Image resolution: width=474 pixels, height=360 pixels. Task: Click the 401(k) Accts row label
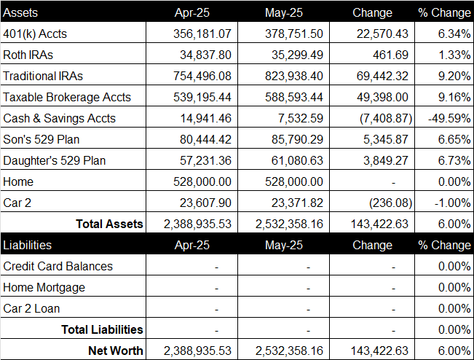(x=35, y=34)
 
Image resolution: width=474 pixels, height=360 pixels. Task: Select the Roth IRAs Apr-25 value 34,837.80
(x=205, y=55)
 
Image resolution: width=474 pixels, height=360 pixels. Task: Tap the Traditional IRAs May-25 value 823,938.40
(x=294, y=76)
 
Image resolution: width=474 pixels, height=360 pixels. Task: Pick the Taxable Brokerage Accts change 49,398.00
(x=382, y=97)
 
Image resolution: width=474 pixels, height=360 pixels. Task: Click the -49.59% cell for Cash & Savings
(x=449, y=118)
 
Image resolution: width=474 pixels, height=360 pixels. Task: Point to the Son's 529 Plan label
(x=41, y=139)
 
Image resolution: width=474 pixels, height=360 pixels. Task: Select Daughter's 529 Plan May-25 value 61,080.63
(x=297, y=160)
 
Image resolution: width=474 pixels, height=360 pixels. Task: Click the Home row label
(x=18, y=181)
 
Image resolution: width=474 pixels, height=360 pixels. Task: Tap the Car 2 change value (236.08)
(x=390, y=203)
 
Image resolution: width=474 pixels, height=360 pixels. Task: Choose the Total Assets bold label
(x=109, y=224)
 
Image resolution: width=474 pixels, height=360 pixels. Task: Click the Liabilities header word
(x=27, y=245)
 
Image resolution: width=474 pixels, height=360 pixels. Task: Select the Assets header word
(x=20, y=12)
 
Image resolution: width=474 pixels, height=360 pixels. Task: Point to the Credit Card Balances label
(x=58, y=266)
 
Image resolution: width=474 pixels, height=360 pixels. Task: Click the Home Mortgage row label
(x=44, y=287)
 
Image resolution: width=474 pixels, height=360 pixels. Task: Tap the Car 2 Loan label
(x=31, y=308)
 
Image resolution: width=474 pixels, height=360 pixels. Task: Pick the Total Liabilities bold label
(x=102, y=329)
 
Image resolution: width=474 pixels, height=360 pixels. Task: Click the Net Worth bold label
(x=116, y=351)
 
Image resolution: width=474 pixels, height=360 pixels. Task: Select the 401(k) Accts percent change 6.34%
(x=454, y=34)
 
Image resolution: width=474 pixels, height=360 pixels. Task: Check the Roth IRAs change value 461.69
(x=390, y=55)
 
